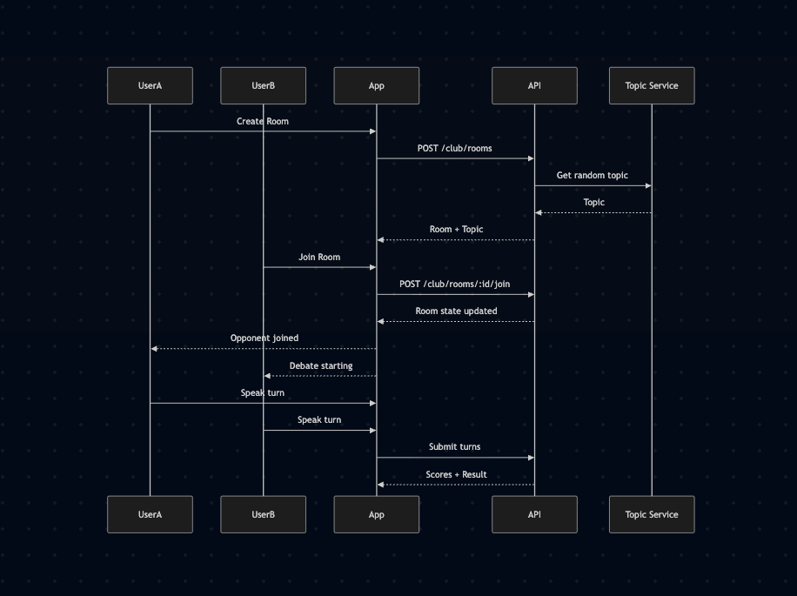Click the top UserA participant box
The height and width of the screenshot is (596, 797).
[150, 85]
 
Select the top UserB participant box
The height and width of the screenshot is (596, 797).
[263, 85]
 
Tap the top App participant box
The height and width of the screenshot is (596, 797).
[376, 85]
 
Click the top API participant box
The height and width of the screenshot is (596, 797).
[534, 85]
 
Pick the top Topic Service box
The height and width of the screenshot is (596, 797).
[651, 85]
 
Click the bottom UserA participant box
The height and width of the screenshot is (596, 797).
[150, 514]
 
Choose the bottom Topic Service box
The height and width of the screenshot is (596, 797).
[651, 514]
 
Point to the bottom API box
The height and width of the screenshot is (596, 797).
[534, 514]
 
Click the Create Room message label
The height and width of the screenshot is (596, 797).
[262, 121]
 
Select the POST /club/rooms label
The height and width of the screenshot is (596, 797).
[454, 148]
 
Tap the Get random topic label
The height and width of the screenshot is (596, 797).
[592, 175]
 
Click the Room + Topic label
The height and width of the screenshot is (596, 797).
[455, 230]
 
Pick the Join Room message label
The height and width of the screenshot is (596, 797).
[319, 257]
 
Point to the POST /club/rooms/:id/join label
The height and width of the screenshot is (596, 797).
[454, 284]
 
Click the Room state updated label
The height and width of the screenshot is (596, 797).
[456, 311]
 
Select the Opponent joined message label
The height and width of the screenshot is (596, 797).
[264, 338]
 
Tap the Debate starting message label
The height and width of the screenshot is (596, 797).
[321, 365]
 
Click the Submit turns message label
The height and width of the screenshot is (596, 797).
[454, 446]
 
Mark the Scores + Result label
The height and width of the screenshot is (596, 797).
[456, 474]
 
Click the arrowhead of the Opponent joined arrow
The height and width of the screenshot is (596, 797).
[154, 349]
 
